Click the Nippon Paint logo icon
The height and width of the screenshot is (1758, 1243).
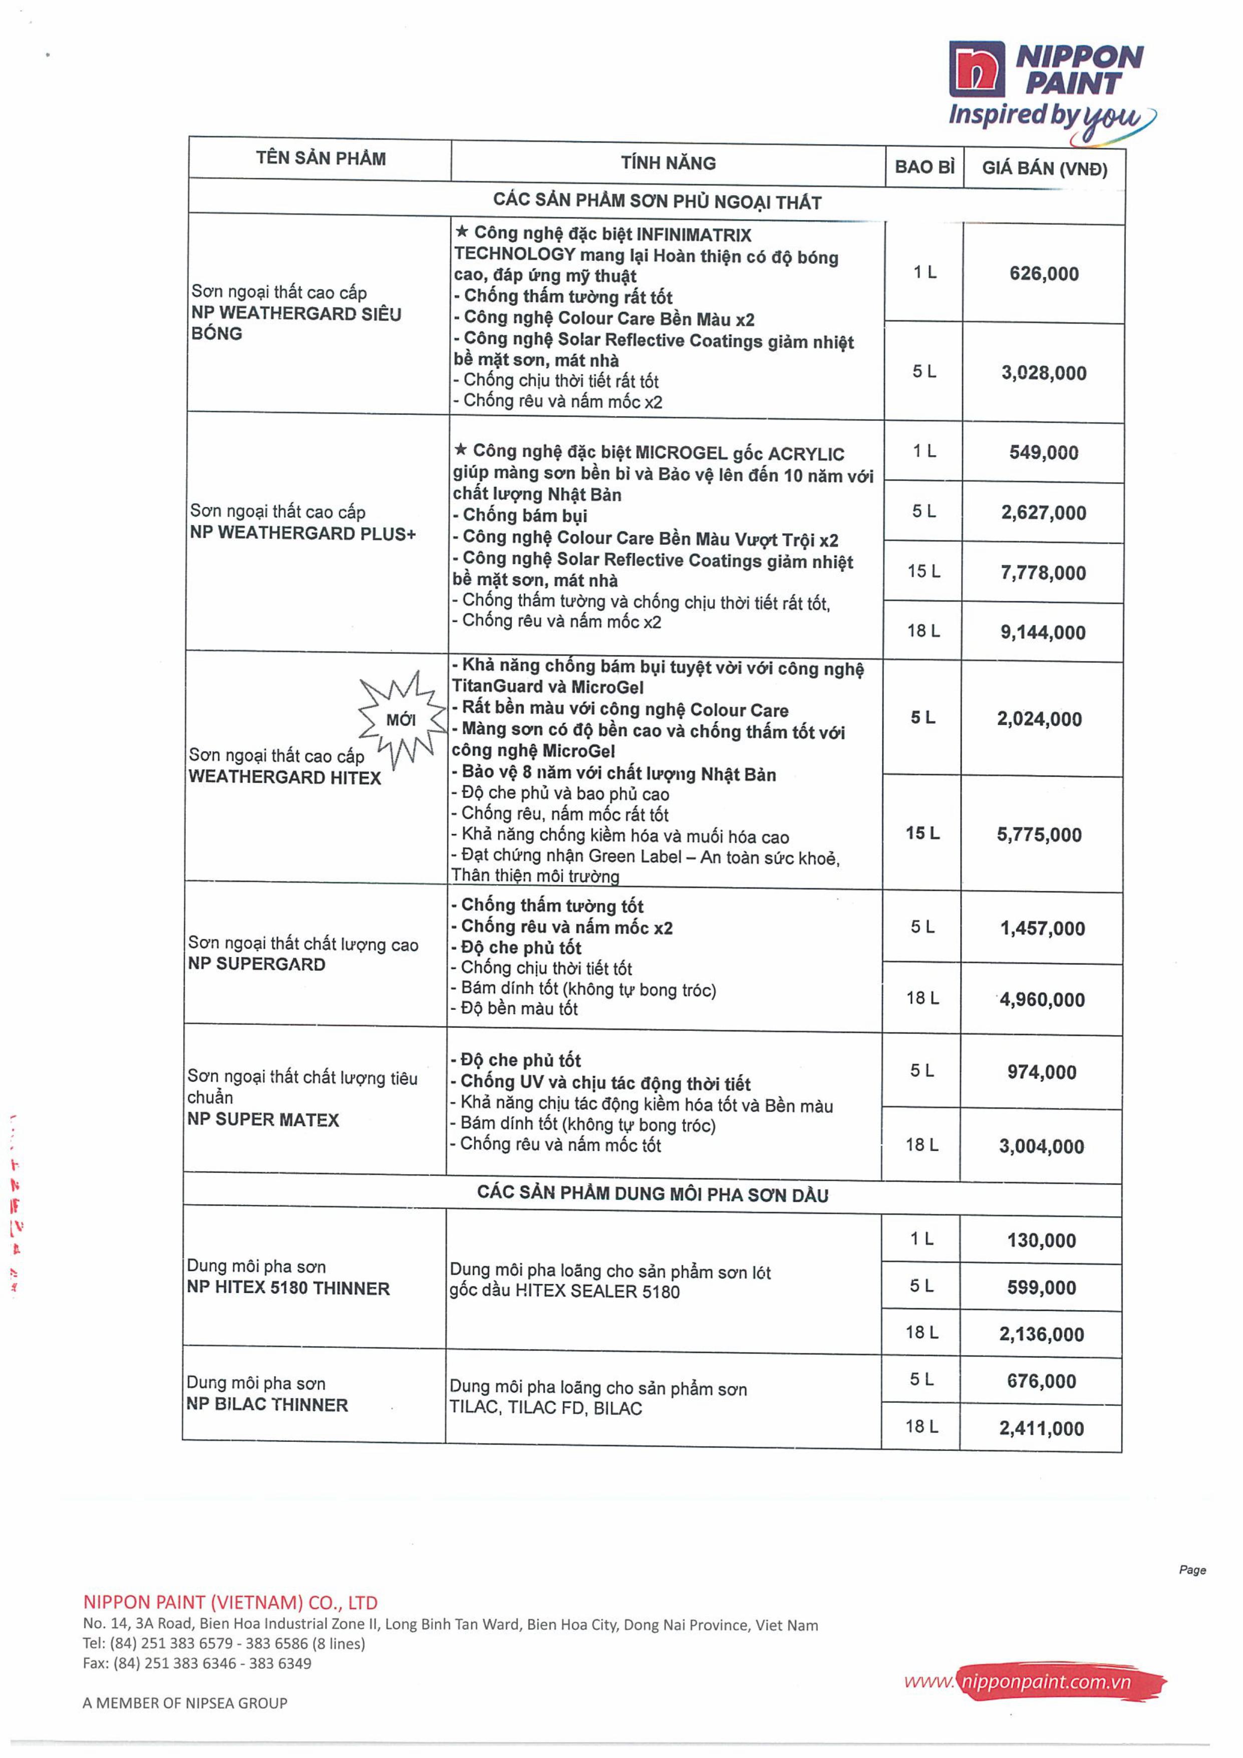coord(977,69)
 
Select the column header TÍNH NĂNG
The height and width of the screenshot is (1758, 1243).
coord(668,162)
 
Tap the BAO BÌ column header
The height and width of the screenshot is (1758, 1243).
coord(924,166)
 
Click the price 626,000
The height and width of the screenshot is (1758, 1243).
coord(1043,273)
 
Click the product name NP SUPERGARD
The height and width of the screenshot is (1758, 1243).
coord(256,964)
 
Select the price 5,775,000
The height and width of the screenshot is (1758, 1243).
coord(1039,835)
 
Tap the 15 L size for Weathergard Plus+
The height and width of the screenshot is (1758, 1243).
coord(923,571)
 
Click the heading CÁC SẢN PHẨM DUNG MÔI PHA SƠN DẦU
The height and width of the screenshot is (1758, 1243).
coord(653,1194)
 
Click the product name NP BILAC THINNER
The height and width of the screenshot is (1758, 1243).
coord(267,1404)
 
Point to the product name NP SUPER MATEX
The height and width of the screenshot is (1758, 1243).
coord(263,1120)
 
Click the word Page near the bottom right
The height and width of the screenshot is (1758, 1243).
coord(1192,1570)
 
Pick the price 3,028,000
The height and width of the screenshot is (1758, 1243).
coord(1043,373)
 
